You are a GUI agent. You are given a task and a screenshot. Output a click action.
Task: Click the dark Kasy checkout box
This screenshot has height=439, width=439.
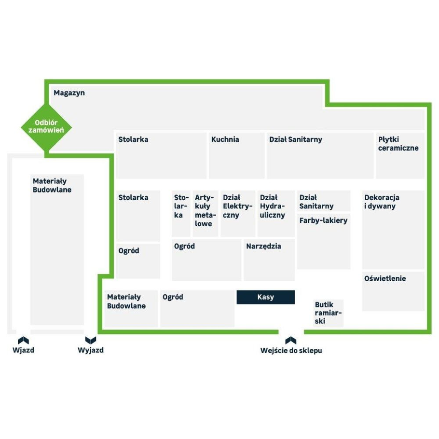pyautogui.click(x=265, y=297)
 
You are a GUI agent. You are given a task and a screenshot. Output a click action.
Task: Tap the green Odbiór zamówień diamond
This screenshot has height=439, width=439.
pyautogui.click(x=46, y=127)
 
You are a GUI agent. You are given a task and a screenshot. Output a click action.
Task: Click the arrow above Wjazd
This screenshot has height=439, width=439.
pyautogui.click(x=23, y=340)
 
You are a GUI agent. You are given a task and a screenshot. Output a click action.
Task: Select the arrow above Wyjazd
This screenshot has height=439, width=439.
pyautogui.click(x=90, y=340)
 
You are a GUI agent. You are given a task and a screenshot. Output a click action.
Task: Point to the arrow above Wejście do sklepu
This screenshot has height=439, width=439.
pyautogui.click(x=291, y=340)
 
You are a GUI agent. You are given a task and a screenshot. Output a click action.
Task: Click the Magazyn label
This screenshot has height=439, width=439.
pyautogui.click(x=69, y=93)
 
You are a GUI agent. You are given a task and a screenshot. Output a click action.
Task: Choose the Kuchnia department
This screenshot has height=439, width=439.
pyautogui.click(x=236, y=155)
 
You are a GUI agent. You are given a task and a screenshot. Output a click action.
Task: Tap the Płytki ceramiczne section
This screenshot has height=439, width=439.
pyautogui.click(x=400, y=155)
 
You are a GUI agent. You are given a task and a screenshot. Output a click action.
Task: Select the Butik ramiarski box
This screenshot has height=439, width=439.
pyautogui.click(x=328, y=313)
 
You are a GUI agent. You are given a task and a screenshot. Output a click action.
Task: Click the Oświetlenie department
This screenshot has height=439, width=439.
pyautogui.click(x=393, y=291)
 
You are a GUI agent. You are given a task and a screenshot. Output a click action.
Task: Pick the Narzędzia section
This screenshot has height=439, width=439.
pyautogui.click(x=269, y=260)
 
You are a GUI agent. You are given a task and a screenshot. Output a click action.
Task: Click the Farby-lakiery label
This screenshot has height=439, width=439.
pyautogui.click(x=323, y=220)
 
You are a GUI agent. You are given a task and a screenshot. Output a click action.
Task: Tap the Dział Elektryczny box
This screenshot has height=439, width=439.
pyautogui.click(x=238, y=213)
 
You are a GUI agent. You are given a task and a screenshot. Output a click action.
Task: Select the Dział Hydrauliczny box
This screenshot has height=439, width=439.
pyautogui.click(x=276, y=213)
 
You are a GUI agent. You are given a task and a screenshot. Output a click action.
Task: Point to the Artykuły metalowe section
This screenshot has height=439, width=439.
pyautogui.click(x=205, y=213)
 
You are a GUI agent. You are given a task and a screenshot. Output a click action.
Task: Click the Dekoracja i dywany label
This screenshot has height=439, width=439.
pyautogui.click(x=382, y=202)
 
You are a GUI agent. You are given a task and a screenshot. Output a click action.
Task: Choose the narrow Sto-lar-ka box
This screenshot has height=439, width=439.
pyautogui.click(x=181, y=213)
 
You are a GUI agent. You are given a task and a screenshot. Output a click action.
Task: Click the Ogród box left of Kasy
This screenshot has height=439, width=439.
pyautogui.click(x=197, y=309)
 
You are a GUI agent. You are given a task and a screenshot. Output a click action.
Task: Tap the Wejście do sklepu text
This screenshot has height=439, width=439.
pyautogui.click(x=291, y=351)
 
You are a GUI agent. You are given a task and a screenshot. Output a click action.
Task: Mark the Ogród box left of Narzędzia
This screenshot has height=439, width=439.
pyautogui.click(x=206, y=260)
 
